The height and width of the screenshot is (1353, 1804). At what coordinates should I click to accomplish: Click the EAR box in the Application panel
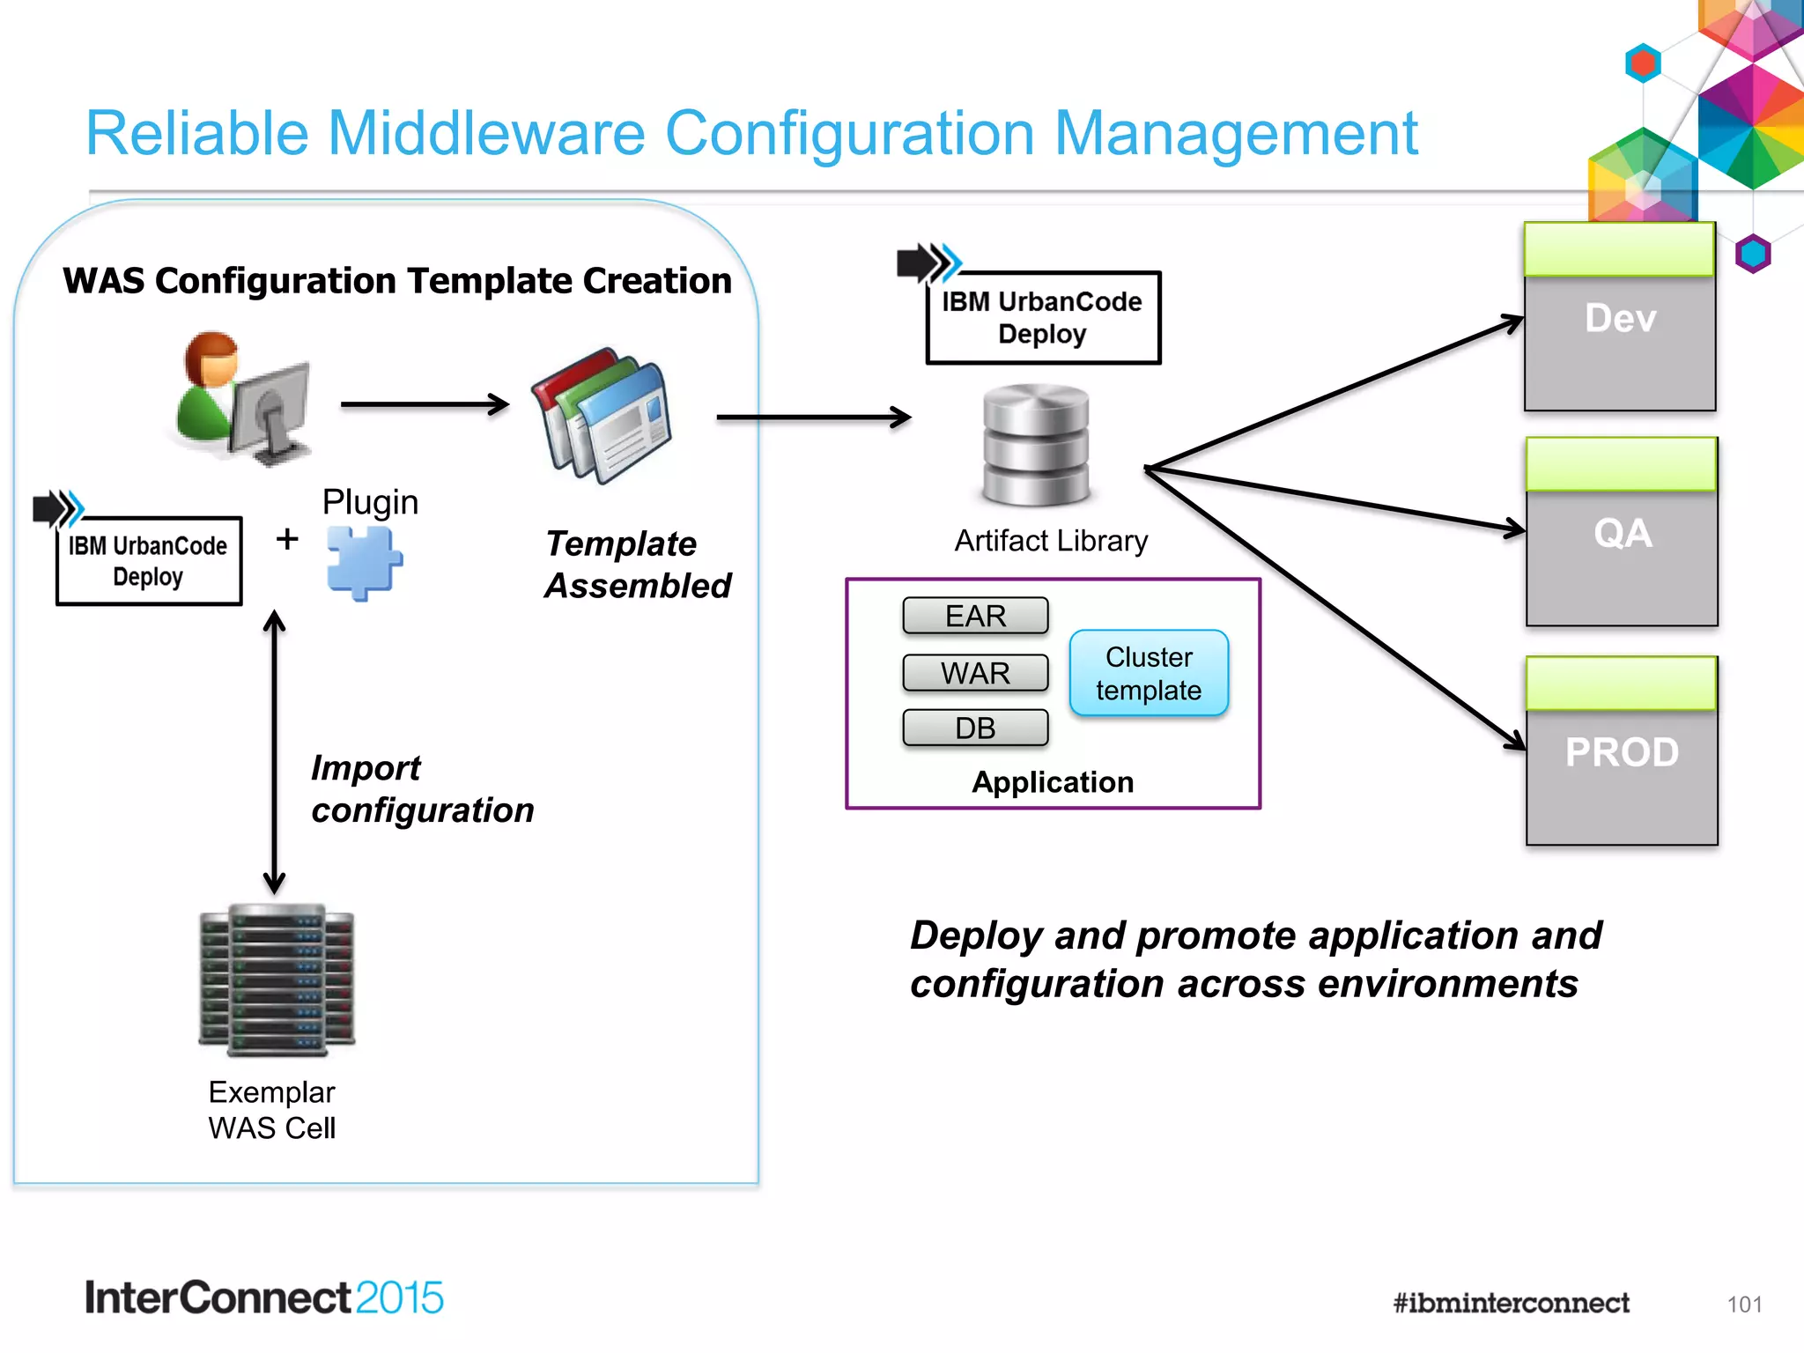tap(975, 616)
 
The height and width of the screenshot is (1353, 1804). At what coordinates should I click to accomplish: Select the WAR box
tap(975, 673)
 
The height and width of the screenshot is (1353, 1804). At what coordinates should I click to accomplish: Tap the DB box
tap(975, 728)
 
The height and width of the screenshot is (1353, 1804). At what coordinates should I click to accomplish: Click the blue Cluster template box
tap(1149, 674)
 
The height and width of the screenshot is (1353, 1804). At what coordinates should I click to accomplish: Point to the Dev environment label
tap(1620, 318)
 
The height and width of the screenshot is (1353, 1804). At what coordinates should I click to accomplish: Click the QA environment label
tap(1623, 534)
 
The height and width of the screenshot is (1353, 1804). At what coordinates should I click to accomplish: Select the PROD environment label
tap(1622, 752)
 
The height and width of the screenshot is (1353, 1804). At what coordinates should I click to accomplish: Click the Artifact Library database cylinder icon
tap(1036, 445)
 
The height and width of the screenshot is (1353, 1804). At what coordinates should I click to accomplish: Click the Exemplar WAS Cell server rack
tap(277, 980)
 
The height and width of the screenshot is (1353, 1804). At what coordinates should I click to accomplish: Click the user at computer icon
tap(240, 398)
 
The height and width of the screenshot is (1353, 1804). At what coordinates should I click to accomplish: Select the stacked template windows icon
tap(603, 416)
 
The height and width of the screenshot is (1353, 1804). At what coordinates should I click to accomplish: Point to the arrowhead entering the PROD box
tap(1517, 742)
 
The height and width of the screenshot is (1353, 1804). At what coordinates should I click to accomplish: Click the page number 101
tap(1744, 1305)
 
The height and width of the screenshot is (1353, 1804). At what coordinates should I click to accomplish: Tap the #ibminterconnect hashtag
tap(1511, 1303)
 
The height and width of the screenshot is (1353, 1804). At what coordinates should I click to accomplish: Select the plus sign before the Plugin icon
tap(287, 538)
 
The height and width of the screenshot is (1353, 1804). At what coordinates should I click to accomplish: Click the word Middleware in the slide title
tap(486, 134)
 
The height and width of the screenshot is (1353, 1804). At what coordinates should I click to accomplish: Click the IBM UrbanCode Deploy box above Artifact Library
tap(1043, 318)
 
